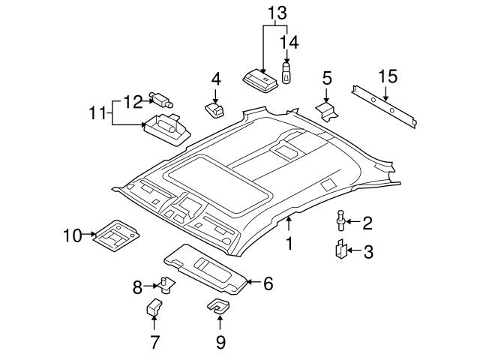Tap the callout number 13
pyautogui.click(x=277, y=12)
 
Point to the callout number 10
pyautogui.click(x=71, y=237)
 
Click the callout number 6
pyautogui.click(x=268, y=283)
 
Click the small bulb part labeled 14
pyautogui.click(x=286, y=73)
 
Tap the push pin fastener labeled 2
pyautogui.click(x=342, y=221)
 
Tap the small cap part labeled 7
pyautogui.click(x=154, y=308)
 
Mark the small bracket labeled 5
pyautogui.click(x=327, y=110)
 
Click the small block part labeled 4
pyautogui.click(x=215, y=110)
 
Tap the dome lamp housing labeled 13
pyautogui.click(x=260, y=79)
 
